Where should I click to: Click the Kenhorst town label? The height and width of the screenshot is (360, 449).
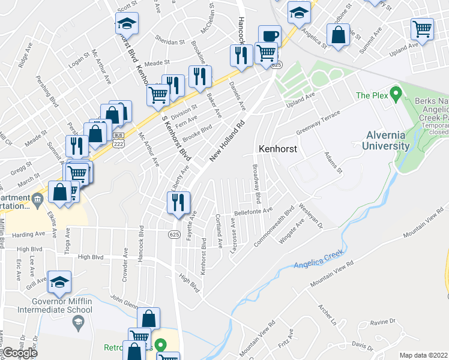(278, 148)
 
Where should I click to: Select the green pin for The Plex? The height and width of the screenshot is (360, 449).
(396, 94)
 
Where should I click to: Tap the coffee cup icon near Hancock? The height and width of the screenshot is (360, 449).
(270, 35)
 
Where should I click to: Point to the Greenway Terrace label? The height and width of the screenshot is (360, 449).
(318, 124)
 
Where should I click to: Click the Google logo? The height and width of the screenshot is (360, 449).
(20, 353)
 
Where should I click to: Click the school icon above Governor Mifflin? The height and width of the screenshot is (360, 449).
(60, 281)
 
